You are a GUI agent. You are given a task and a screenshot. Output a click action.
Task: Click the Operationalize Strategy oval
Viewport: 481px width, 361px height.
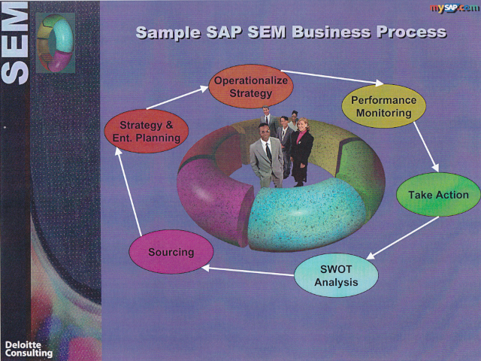[x=250, y=86]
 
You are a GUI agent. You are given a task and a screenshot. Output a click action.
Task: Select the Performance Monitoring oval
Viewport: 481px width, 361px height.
[x=384, y=106]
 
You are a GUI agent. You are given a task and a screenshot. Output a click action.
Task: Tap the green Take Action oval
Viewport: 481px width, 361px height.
[x=438, y=195]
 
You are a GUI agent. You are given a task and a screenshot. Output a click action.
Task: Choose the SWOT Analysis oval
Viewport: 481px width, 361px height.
[x=336, y=275]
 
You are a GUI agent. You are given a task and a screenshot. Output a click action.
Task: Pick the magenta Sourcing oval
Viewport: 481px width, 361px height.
[x=171, y=252]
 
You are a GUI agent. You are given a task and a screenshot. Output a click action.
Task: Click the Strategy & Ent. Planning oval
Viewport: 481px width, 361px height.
[x=147, y=131]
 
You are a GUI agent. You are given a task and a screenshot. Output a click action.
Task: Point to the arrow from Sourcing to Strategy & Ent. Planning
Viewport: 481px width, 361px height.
[x=129, y=192]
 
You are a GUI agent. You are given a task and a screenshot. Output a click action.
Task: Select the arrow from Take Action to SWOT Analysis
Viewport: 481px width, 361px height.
[x=403, y=238]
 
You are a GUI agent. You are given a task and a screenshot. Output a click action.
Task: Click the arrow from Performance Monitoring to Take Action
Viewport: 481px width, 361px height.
[x=426, y=147]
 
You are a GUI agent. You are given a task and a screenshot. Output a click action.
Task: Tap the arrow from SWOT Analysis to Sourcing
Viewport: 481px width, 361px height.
[x=248, y=272]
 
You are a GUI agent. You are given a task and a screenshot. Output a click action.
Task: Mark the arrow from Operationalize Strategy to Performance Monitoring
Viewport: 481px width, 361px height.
[x=332, y=77]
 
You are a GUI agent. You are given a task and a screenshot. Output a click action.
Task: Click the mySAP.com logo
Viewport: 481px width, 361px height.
[x=454, y=8]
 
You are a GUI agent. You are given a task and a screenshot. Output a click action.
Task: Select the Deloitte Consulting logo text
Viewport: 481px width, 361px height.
[x=29, y=349]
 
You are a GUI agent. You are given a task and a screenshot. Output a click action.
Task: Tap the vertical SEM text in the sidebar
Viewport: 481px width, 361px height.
[x=15, y=43]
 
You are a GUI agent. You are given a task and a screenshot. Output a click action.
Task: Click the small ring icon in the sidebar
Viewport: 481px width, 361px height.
[x=55, y=43]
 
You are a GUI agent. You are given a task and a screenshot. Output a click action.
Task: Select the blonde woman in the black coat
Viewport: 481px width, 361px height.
[x=301, y=152]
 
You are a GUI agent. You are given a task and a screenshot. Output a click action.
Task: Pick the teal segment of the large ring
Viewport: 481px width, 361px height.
[x=307, y=215]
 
